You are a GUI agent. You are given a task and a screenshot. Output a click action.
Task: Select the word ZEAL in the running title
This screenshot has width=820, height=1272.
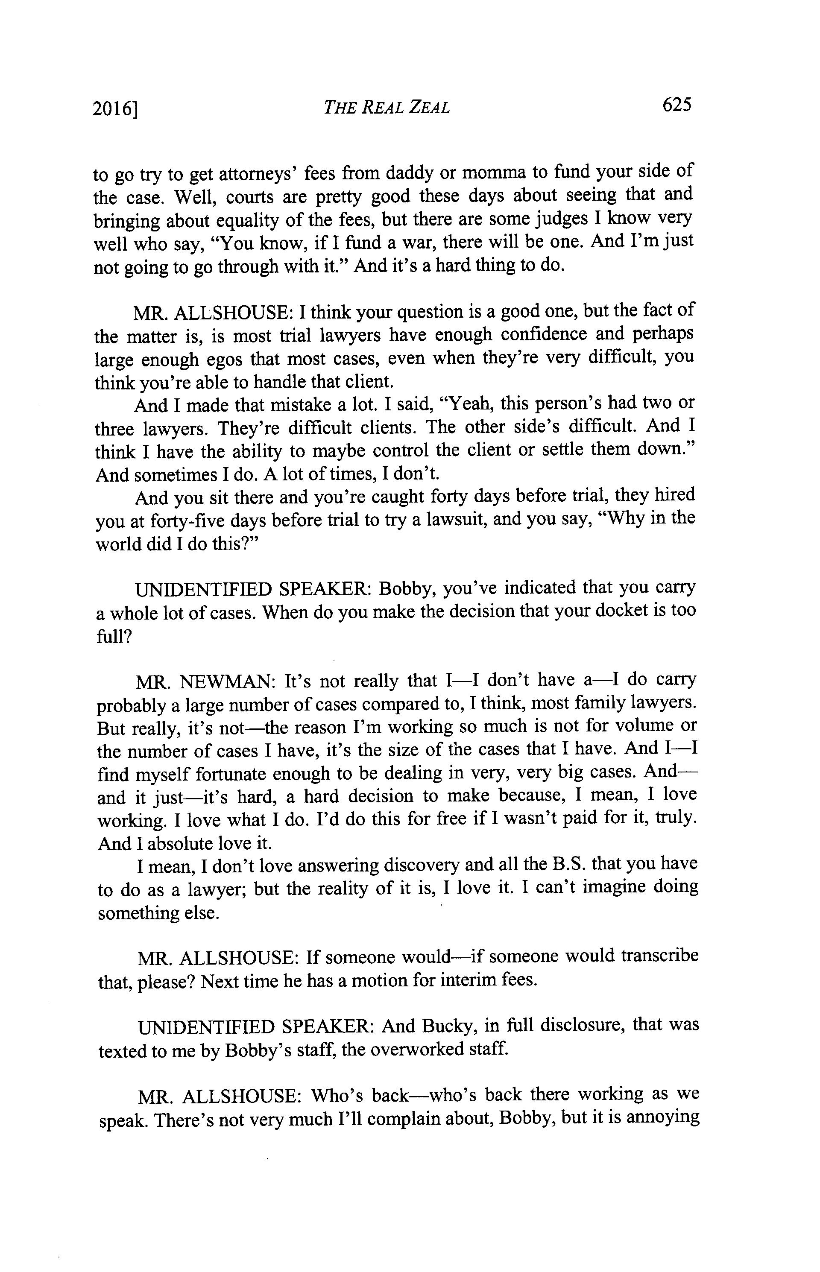(429, 108)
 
